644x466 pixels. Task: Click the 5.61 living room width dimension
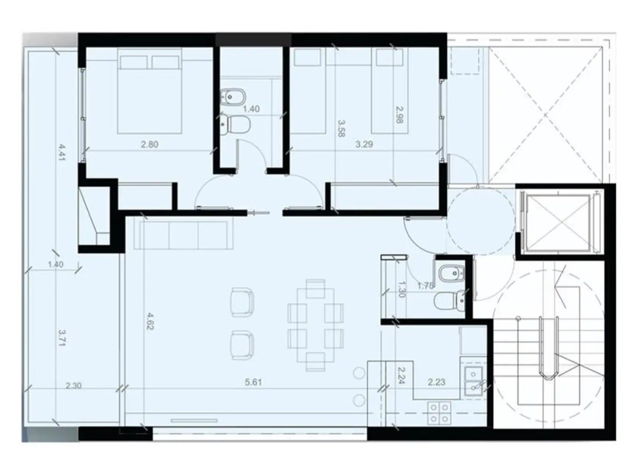point(253,382)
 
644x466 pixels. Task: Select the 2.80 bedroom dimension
point(150,144)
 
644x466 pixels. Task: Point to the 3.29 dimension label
point(364,144)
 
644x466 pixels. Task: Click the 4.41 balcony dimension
point(62,152)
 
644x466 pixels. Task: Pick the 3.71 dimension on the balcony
point(62,338)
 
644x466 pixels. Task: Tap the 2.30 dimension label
point(73,386)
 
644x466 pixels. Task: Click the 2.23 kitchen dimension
point(437,382)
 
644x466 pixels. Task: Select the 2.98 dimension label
point(399,115)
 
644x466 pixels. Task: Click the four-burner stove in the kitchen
point(439,413)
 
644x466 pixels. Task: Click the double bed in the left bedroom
point(150,91)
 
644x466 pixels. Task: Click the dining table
point(316,325)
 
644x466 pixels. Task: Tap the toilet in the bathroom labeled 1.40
point(235,125)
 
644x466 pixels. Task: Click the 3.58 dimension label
point(341,128)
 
